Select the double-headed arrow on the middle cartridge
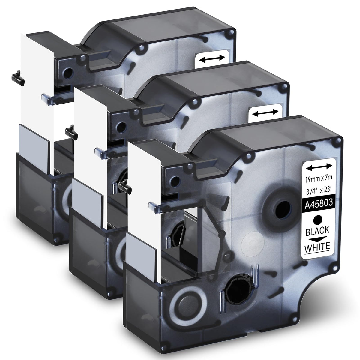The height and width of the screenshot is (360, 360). pyautogui.click(x=265, y=113)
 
